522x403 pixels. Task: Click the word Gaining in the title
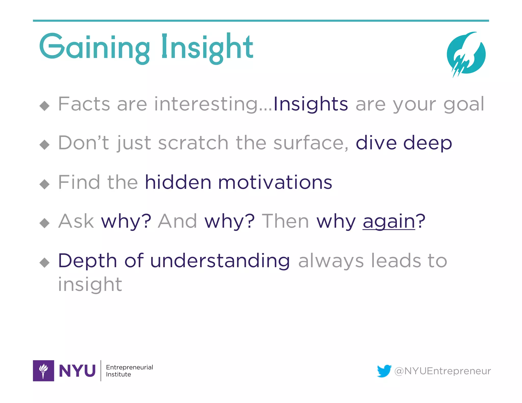point(94,47)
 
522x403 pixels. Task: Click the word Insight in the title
point(207,47)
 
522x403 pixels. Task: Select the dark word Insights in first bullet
point(310,104)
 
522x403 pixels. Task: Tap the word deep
point(427,143)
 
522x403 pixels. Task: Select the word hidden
point(178,182)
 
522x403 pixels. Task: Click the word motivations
point(275,182)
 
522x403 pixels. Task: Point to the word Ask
point(76,221)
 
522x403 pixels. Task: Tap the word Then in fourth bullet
point(285,221)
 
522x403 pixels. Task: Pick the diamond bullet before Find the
point(45,184)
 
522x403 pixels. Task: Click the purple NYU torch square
point(43,370)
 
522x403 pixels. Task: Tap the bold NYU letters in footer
point(77,371)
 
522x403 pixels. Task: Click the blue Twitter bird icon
point(384,371)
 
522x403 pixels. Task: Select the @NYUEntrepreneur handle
point(442,371)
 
